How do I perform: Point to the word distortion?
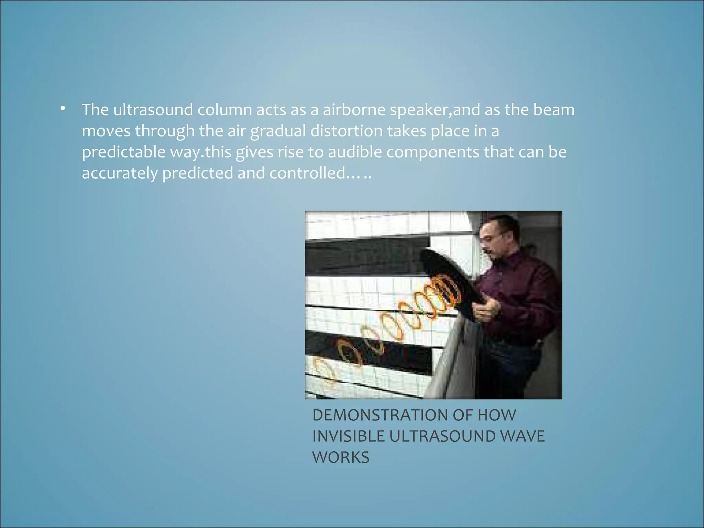coord(346,131)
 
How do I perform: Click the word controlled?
coord(307,173)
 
